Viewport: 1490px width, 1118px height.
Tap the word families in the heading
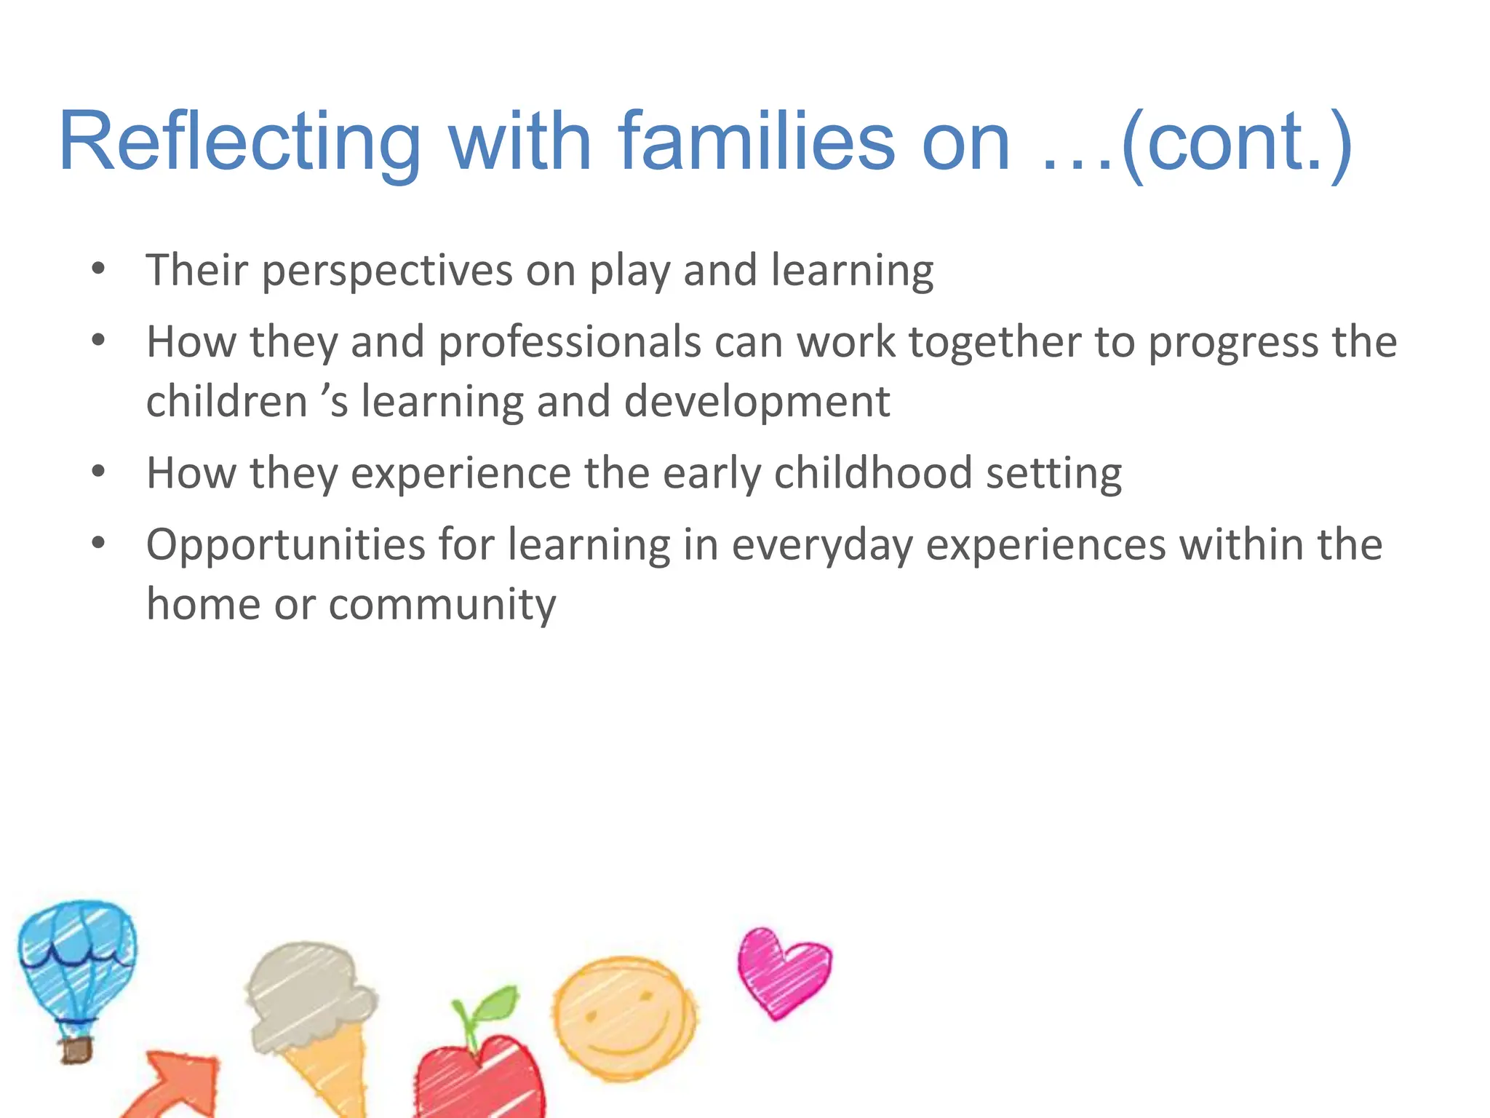click(x=757, y=142)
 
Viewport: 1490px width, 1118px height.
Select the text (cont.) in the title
click(x=1237, y=142)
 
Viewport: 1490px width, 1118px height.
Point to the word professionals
click(x=569, y=342)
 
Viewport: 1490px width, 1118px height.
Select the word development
click(x=757, y=402)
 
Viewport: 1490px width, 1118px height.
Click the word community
click(x=442, y=604)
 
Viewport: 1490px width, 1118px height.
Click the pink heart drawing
click(x=782, y=972)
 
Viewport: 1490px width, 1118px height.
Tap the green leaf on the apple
click(x=495, y=1008)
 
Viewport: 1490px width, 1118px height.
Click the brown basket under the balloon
click(x=76, y=1050)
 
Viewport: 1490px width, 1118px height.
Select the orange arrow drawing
click(x=178, y=1085)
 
